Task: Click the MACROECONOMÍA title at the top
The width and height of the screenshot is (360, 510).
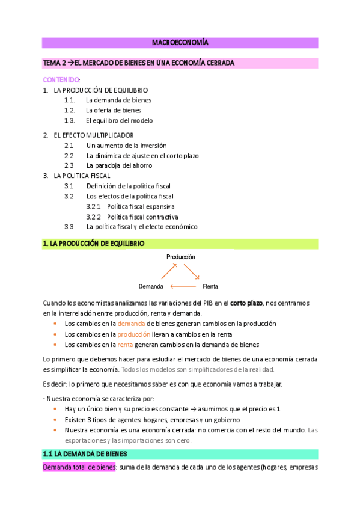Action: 180,43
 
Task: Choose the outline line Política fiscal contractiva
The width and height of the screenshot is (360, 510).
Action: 142,217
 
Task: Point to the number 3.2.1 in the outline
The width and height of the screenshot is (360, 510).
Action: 94,206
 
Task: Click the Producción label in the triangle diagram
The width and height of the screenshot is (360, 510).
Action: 181,256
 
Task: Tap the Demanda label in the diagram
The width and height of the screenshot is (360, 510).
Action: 151,286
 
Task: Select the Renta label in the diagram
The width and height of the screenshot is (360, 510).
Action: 210,286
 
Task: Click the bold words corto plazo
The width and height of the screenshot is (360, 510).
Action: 246,303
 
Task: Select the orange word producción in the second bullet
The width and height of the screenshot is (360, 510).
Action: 133,334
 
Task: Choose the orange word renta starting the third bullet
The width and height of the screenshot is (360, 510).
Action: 125,345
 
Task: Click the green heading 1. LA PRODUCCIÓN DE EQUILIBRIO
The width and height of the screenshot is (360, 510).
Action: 93,244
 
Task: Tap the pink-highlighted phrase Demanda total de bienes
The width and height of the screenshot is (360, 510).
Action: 79,467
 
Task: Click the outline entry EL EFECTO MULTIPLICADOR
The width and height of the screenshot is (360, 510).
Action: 93,135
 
